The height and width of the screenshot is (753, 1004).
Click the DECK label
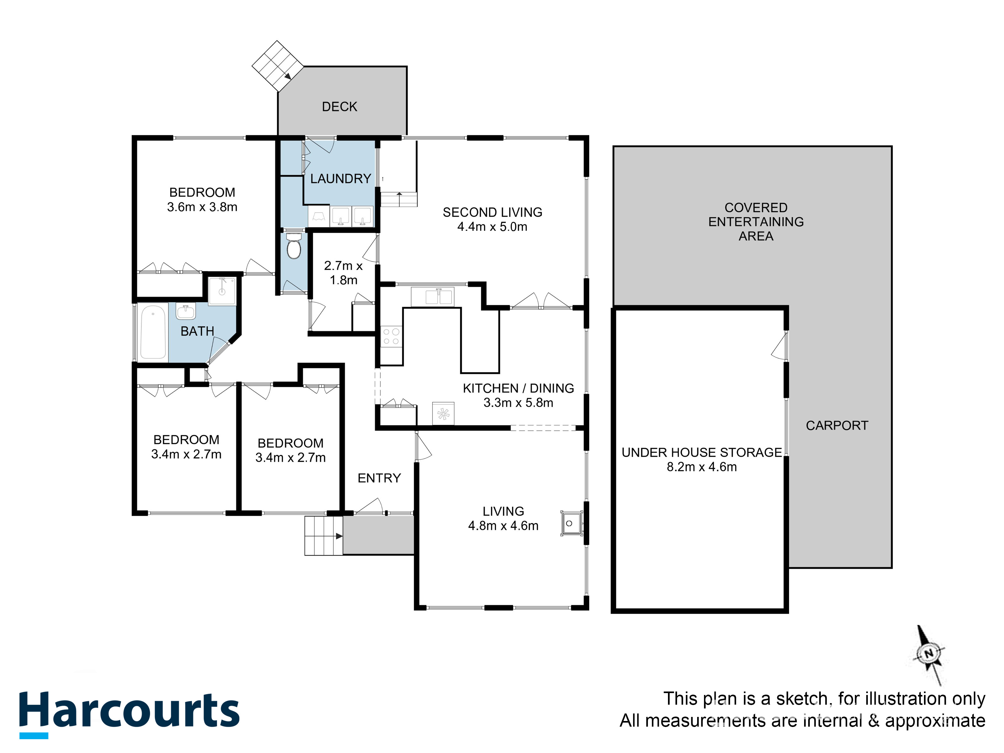click(339, 107)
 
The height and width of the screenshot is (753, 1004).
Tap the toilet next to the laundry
click(294, 246)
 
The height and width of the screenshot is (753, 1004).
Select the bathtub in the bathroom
click(153, 332)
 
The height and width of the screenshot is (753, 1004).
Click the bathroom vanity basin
click(186, 312)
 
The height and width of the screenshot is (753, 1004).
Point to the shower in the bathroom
click(222, 291)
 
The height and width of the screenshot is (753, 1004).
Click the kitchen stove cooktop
click(391, 336)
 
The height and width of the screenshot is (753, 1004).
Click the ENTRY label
click(379, 478)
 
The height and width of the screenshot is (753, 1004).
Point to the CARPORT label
click(837, 425)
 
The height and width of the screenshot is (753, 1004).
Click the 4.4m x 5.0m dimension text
click(493, 227)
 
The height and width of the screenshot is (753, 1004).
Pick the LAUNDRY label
click(341, 179)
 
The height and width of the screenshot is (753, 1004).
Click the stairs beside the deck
click(278, 66)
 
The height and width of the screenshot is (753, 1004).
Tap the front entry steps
click(323, 536)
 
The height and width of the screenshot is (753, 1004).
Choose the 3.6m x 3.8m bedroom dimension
click(202, 207)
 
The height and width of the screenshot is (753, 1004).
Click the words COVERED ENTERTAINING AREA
click(756, 222)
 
